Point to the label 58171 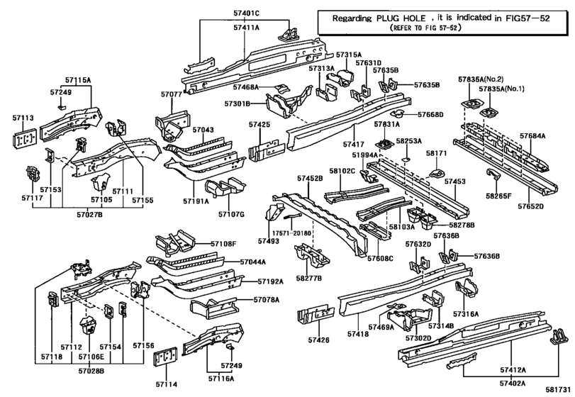[436, 153]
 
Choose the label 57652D [530, 207]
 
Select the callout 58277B [309, 279]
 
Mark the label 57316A [466, 313]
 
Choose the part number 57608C [381, 259]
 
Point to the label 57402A [512, 382]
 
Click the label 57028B [91, 370]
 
